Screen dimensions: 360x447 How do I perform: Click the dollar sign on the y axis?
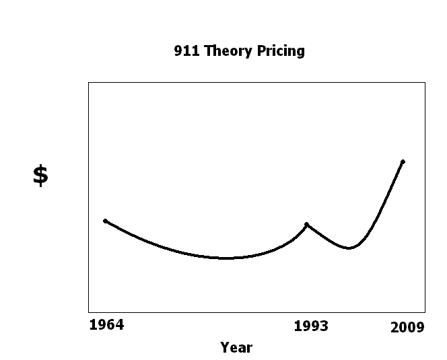[x=40, y=175]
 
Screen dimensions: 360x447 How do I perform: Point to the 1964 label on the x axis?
[x=106, y=326]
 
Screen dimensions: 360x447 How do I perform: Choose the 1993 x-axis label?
[x=311, y=326]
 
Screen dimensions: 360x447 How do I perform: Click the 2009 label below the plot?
[x=408, y=328]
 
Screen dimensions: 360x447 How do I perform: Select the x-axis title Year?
[x=236, y=347]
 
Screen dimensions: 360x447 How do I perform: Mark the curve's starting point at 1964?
[x=105, y=221]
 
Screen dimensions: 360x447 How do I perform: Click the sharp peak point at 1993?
[x=307, y=224]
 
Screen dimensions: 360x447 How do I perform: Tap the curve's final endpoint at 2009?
[x=403, y=161]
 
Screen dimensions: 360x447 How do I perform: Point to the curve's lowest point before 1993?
[x=226, y=258]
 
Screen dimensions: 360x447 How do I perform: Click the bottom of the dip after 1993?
[x=348, y=248]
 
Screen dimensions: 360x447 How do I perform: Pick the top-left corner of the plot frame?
[x=88, y=82]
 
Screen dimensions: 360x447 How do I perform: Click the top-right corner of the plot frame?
[x=425, y=82]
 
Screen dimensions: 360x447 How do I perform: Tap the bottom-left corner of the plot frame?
[x=88, y=312]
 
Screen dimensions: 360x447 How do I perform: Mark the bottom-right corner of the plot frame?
[x=425, y=312]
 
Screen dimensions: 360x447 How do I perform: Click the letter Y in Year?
[x=225, y=347]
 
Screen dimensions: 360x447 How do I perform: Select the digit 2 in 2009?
[x=395, y=328]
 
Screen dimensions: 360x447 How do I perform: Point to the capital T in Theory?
[x=204, y=51]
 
